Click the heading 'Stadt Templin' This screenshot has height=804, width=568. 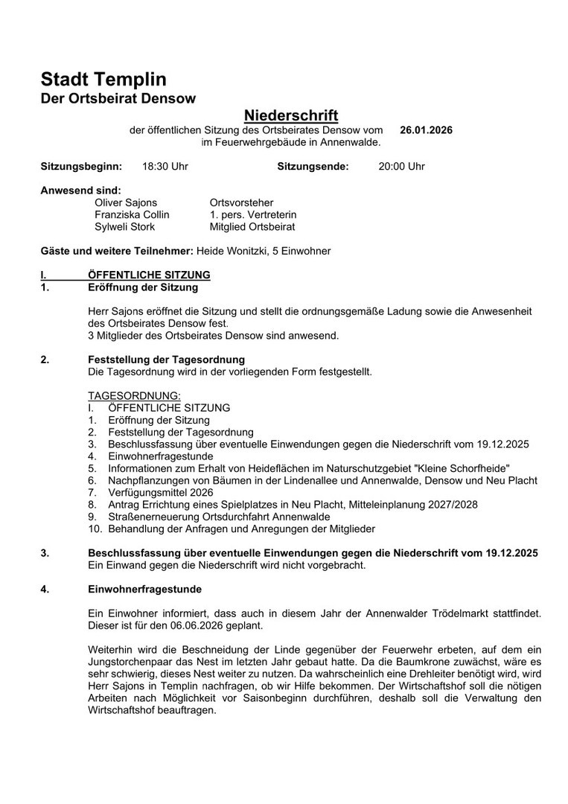(103, 80)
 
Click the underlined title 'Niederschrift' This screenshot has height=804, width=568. (291, 115)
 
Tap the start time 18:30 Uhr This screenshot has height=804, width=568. (165, 166)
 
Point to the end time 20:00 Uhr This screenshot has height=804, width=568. (401, 166)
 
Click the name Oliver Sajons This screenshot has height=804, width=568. (126, 202)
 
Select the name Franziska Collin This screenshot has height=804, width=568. (132, 214)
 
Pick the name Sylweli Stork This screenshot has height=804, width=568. (124, 226)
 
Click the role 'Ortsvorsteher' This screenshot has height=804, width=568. (241, 202)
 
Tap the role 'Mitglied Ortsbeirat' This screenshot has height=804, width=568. (252, 226)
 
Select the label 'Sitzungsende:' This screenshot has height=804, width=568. (313, 166)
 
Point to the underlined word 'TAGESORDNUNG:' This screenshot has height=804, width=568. (134, 396)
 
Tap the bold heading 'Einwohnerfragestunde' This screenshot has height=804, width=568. (144, 589)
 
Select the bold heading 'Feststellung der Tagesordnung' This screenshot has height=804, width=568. (166, 360)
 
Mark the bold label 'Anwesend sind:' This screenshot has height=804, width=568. (80, 191)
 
